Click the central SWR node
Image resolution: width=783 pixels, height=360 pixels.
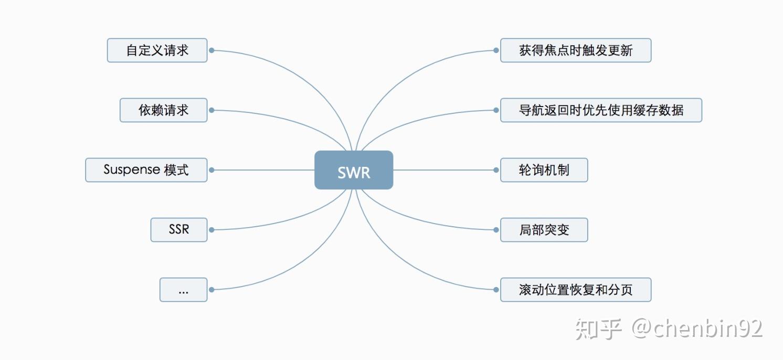coord(354,170)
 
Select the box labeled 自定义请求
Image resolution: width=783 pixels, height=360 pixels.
coord(157,50)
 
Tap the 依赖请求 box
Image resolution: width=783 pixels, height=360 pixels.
coord(163,110)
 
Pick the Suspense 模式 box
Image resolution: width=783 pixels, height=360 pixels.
coord(146,170)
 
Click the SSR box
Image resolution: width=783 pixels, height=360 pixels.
coord(179,230)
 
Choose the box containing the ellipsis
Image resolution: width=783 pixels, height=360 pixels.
coord(183,290)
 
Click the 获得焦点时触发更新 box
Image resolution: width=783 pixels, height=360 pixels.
coord(575,50)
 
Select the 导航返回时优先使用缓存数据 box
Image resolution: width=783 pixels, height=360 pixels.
coord(601,110)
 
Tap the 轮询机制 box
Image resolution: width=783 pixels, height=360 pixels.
coord(544,170)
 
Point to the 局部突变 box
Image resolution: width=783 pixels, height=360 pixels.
coord(544,230)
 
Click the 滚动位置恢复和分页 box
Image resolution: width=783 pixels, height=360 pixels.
coord(575,290)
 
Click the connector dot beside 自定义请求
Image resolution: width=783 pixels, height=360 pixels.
coord(211,50)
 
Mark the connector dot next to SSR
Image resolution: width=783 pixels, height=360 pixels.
coord(211,230)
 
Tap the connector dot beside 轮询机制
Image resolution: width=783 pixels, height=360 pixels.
coord(496,170)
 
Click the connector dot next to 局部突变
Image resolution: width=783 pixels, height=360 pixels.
coord(496,230)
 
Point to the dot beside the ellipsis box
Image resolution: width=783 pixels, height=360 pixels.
coord(211,290)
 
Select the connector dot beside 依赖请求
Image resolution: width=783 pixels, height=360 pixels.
coord(211,110)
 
